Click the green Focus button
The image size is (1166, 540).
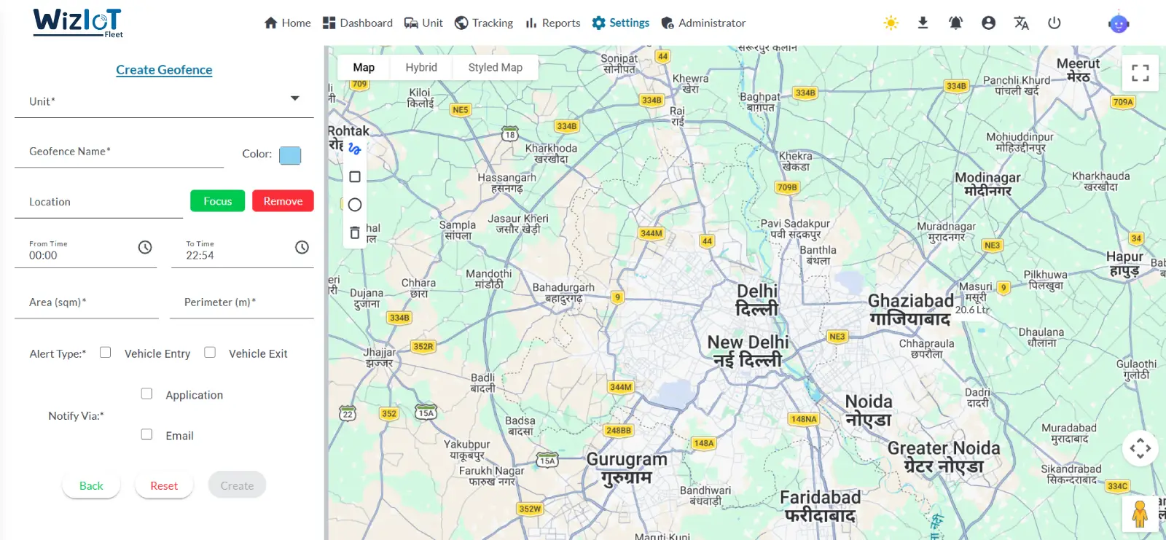[x=217, y=201]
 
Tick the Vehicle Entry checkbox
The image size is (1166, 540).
[x=106, y=353]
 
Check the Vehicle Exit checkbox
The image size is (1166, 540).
[x=210, y=353]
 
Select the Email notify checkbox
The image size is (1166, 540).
[x=146, y=434]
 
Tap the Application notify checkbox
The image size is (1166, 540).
[x=146, y=394]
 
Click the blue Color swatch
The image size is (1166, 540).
[x=290, y=155]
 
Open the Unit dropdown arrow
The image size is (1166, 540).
[x=295, y=98]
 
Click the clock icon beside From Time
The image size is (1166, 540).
[x=145, y=248]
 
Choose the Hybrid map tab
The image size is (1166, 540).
[x=421, y=68]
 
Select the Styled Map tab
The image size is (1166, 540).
[x=495, y=68]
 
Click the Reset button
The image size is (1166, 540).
[x=164, y=486]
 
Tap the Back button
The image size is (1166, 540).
[x=91, y=486]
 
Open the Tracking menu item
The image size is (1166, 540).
[x=484, y=23]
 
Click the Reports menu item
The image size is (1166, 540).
[x=553, y=23]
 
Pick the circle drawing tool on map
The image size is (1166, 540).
[x=355, y=205]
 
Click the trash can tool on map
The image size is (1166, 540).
[x=355, y=233]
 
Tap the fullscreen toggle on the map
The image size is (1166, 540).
[x=1140, y=73]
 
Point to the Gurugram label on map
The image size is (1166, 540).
[x=627, y=461]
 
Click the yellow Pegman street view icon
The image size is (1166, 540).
[x=1140, y=514]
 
